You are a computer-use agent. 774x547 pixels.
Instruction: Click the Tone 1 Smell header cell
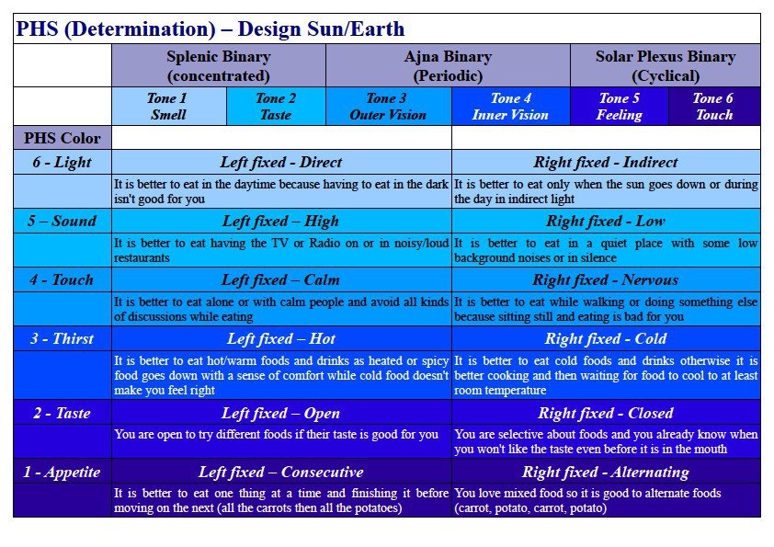point(169,106)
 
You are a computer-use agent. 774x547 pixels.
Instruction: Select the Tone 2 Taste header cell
point(276,106)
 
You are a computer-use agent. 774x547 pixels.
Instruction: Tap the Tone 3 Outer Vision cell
point(389,106)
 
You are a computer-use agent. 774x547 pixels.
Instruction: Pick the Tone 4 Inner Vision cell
point(511,106)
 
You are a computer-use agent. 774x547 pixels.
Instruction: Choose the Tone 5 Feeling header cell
point(619,106)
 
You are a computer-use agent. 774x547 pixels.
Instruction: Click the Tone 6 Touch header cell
point(714,106)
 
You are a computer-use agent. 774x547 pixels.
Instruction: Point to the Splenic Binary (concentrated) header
point(219,65)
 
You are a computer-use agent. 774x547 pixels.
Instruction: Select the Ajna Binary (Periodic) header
point(449,65)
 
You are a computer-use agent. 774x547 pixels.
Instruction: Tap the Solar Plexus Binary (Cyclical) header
point(666,65)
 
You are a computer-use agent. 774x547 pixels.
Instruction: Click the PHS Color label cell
point(63,138)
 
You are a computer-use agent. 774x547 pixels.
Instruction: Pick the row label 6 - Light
point(63,162)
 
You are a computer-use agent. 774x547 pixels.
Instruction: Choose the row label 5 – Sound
point(63,221)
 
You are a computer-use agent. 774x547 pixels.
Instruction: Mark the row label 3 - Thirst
point(63,338)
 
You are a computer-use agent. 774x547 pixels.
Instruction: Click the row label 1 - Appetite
point(63,472)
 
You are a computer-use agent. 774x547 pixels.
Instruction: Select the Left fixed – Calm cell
point(281,279)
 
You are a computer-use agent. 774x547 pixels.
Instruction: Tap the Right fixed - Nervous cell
point(606,279)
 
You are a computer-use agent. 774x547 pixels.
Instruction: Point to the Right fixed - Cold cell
point(606,338)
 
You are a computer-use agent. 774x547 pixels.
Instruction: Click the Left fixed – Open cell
point(281,413)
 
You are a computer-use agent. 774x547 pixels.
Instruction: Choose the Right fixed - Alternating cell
point(606,472)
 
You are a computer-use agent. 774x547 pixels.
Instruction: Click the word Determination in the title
point(140,29)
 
